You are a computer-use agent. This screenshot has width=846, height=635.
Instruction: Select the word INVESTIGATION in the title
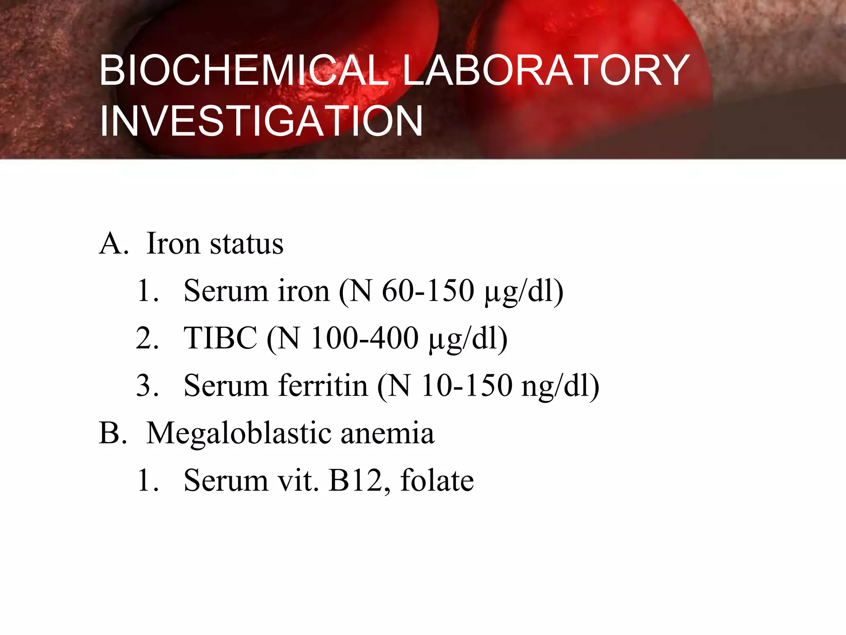[x=261, y=121]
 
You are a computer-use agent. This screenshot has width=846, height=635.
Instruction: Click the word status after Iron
[x=247, y=243]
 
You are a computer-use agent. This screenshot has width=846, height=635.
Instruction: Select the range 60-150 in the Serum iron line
[x=428, y=291]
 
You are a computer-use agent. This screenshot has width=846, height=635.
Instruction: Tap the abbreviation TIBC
[x=220, y=338]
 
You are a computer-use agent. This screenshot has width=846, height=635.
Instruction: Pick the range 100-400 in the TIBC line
[x=364, y=338]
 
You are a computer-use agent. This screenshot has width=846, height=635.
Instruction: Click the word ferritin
[x=323, y=385]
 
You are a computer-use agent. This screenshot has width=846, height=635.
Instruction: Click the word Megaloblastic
[x=239, y=434]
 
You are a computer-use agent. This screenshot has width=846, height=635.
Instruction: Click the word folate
[x=437, y=480]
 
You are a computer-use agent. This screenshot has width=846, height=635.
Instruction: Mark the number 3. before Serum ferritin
[x=147, y=385]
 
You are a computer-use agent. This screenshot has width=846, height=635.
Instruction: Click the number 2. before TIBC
[x=147, y=338]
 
